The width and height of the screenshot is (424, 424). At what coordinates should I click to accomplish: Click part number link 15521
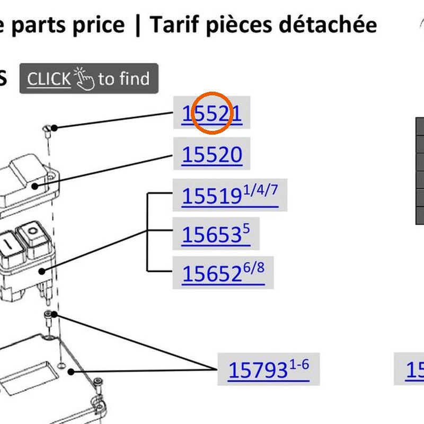click(211, 113)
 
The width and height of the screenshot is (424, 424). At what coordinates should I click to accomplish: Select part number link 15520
click(212, 154)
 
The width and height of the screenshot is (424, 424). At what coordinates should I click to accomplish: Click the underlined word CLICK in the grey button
click(49, 79)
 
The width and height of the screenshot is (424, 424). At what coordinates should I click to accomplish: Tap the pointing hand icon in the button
click(84, 78)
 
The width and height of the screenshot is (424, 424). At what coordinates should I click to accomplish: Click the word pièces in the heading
click(239, 25)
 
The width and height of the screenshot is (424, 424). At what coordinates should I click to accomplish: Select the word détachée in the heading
click(328, 24)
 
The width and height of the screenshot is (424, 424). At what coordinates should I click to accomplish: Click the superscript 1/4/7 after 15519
click(260, 190)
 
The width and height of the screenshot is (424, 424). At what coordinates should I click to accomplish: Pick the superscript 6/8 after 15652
click(254, 268)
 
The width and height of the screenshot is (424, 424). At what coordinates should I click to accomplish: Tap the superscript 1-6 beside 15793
click(299, 365)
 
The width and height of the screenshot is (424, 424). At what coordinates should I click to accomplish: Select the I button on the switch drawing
click(10, 245)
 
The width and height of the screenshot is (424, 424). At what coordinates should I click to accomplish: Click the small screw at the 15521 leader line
click(47, 131)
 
